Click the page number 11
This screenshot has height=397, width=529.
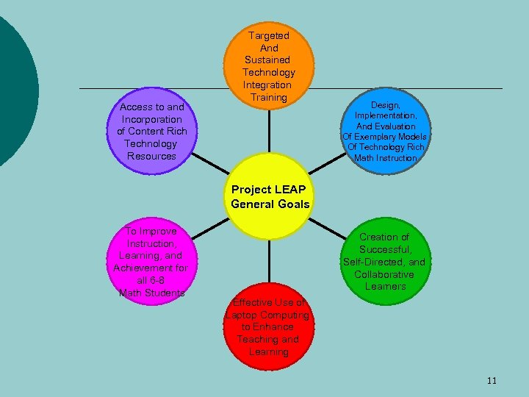pyautogui.click(x=492, y=380)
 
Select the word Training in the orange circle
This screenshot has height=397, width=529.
pyautogui.click(x=268, y=97)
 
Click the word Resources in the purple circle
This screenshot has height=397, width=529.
pyautogui.click(x=151, y=156)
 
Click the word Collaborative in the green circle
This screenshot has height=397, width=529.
pyautogui.click(x=384, y=274)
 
